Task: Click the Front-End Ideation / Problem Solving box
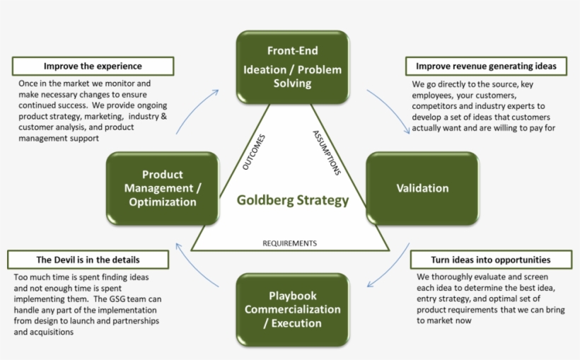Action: coord(292,66)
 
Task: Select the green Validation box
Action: coord(422,188)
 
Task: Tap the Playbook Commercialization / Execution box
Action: coord(292,309)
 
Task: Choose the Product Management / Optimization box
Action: coord(162,188)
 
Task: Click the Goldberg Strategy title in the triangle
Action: coord(292,200)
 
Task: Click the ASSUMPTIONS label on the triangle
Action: coord(327,153)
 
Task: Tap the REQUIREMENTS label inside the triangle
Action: coord(289,243)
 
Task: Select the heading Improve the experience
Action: coord(93,66)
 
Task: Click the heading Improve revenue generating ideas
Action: coord(486,66)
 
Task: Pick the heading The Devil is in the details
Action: coord(88,260)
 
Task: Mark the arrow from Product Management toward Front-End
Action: coord(195,110)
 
